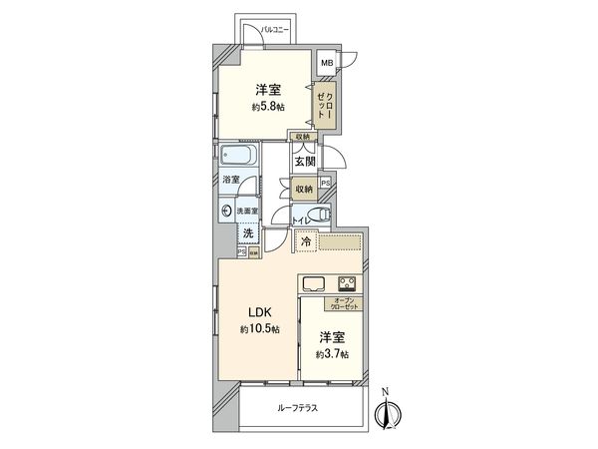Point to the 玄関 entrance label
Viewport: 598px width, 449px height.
(x=305, y=160)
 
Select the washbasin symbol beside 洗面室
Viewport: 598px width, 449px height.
(x=228, y=211)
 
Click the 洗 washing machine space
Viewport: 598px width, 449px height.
(x=245, y=232)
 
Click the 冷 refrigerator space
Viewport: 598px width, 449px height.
(x=307, y=240)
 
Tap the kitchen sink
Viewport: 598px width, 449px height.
(x=313, y=281)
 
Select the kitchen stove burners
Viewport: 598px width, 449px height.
(x=348, y=281)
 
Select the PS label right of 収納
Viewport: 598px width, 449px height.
(x=326, y=183)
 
